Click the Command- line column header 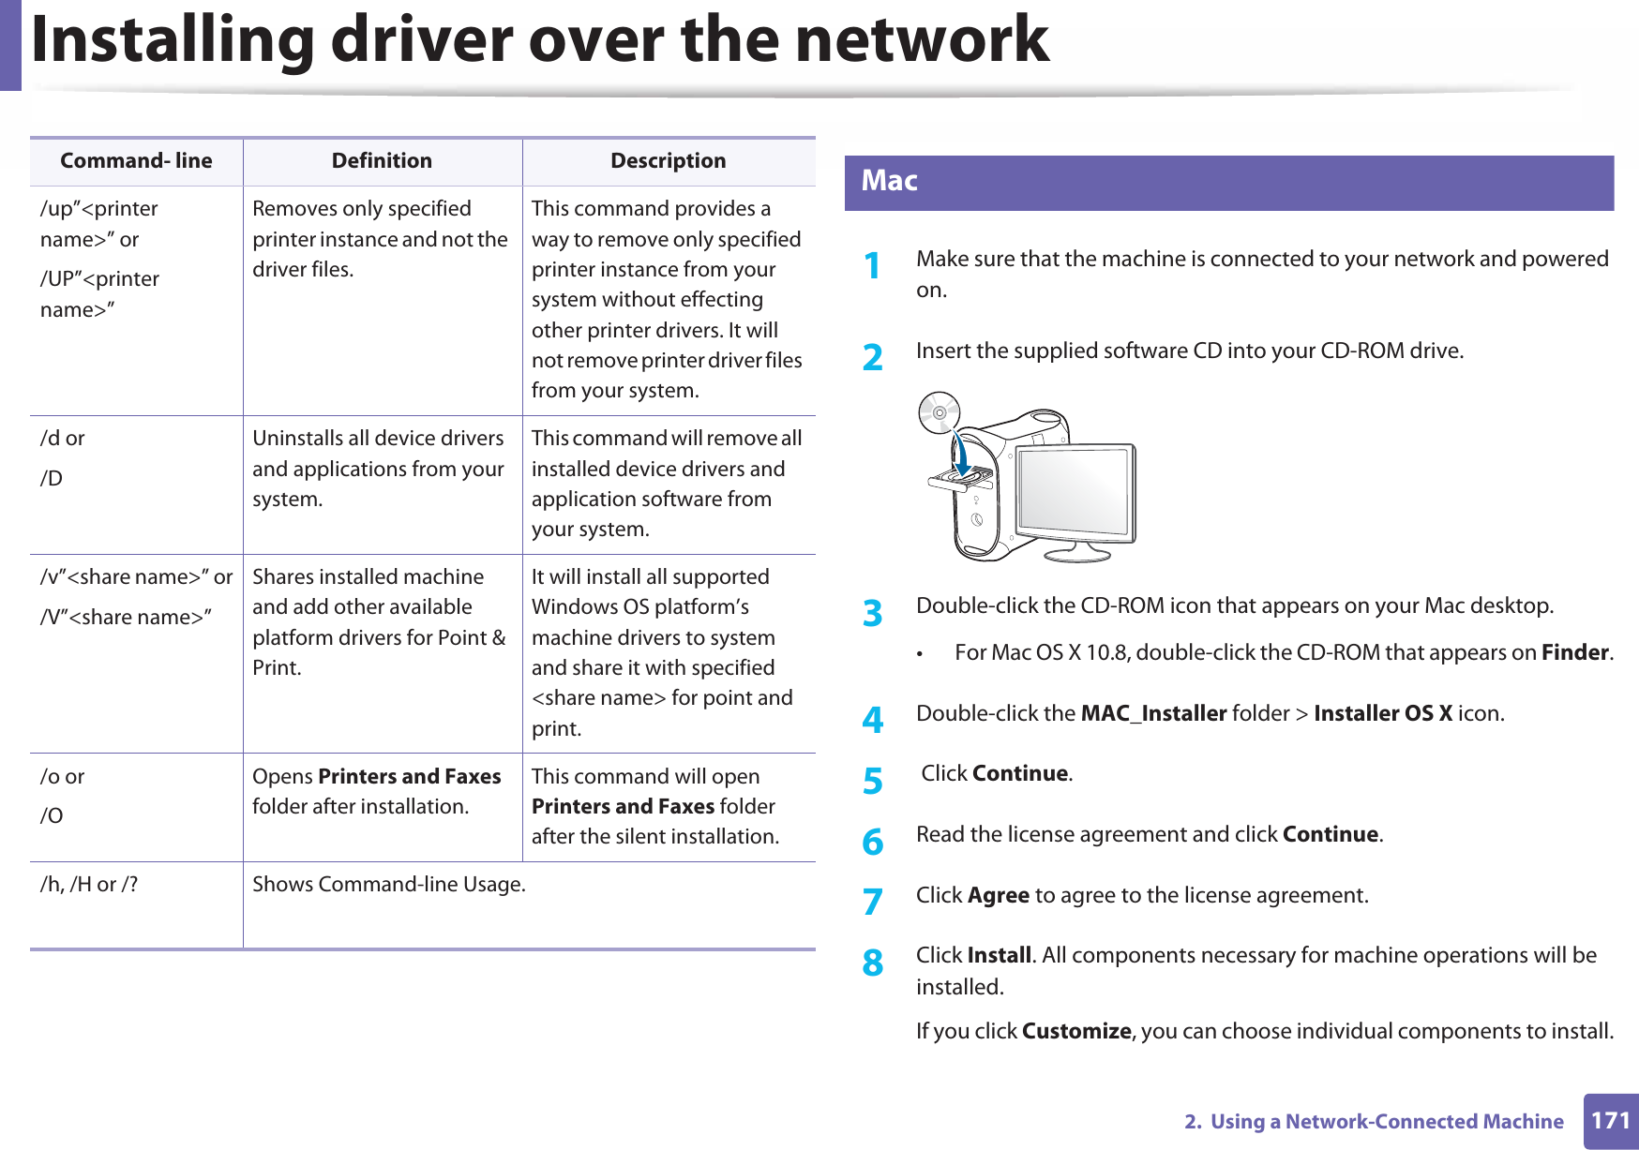pyautogui.click(x=136, y=161)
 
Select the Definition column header pyautogui.click(x=382, y=161)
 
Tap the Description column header pyautogui.click(x=668, y=161)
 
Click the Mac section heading pyautogui.click(x=889, y=181)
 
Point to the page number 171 pyautogui.click(x=1610, y=1120)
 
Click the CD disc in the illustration pyautogui.click(x=939, y=412)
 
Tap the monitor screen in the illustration pyautogui.click(x=1075, y=490)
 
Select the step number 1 pyautogui.click(x=872, y=266)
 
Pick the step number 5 pyautogui.click(x=872, y=781)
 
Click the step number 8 pyautogui.click(x=872, y=963)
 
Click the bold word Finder pyautogui.click(x=1575, y=652)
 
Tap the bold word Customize pyautogui.click(x=1076, y=1031)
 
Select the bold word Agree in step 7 pyautogui.click(x=998, y=895)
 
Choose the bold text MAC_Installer pyautogui.click(x=1153, y=713)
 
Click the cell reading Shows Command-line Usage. pyautogui.click(x=389, y=884)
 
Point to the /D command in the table pyautogui.click(x=52, y=478)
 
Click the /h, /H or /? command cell pyautogui.click(x=89, y=884)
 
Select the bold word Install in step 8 pyautogui.click(x=999, y=955)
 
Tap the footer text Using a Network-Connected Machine pyautogui.click(x=1386, y=1121)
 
